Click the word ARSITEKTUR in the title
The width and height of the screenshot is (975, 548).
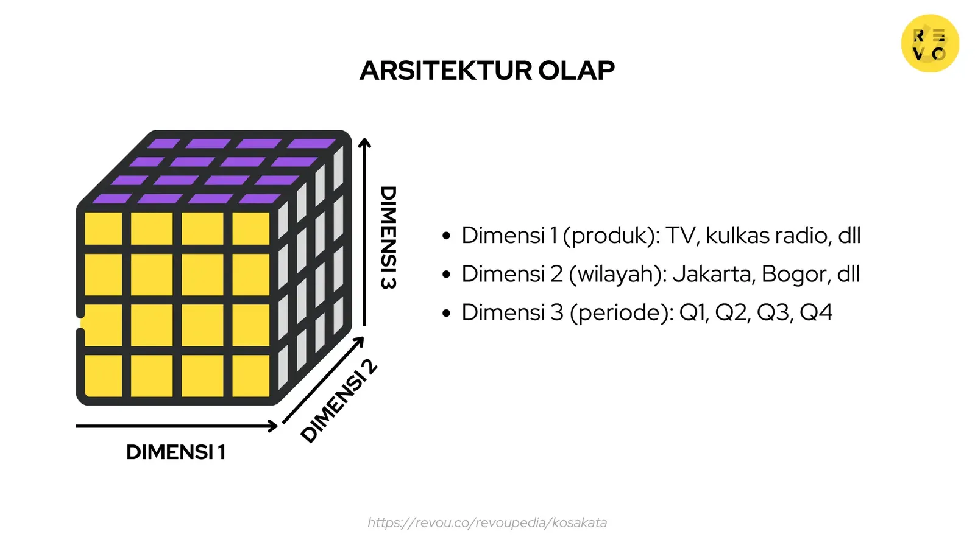pyautogui.click(x=445, y=71)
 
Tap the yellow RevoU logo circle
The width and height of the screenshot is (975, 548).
pyautogui.click(x=930, y=44)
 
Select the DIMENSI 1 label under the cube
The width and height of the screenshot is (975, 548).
pyautogui.click(x=175, y=452)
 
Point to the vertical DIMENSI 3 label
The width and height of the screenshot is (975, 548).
pyautogui.click(x=388, y=237)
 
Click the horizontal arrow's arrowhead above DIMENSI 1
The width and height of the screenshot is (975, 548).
pyautogui.click(x=273, y=426)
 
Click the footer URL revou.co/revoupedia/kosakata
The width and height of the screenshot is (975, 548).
pyautogui.click(x=487, y=522)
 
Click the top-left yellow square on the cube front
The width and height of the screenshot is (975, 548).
pyautogui.click(x=103, y=228)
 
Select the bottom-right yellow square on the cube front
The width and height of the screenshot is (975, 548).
pyautogui.click(x=250, y=375)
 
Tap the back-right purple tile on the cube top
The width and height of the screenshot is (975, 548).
pyautogui.click(x=311, y=144)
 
